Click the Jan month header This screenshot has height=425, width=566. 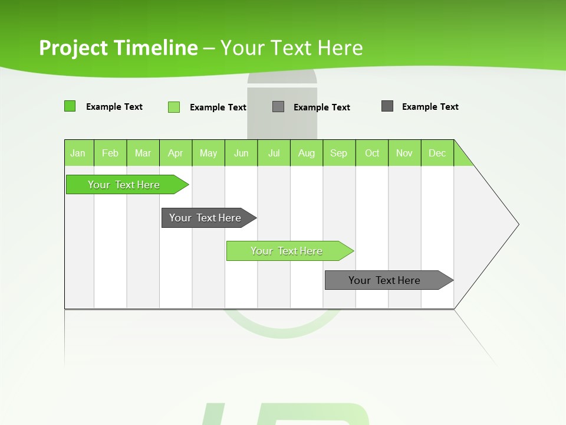(78, 153)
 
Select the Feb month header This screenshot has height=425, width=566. (110, 153)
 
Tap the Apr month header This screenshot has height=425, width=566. (175, 153)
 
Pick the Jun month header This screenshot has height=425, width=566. (241, 153)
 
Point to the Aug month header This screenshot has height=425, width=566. (306, 153)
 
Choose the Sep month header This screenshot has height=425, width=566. (338, 153)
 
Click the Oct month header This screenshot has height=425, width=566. (372, 153)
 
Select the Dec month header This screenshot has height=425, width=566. (437, 153)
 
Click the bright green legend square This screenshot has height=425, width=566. (70, 106)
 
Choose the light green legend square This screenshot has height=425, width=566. (174, 107)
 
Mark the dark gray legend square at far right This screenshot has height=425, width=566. (387, 106)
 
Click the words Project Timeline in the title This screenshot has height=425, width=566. (118, 48)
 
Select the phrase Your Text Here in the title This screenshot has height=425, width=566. (291, 48)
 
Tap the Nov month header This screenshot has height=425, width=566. (404, 153)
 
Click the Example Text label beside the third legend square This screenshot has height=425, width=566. (321, 107)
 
